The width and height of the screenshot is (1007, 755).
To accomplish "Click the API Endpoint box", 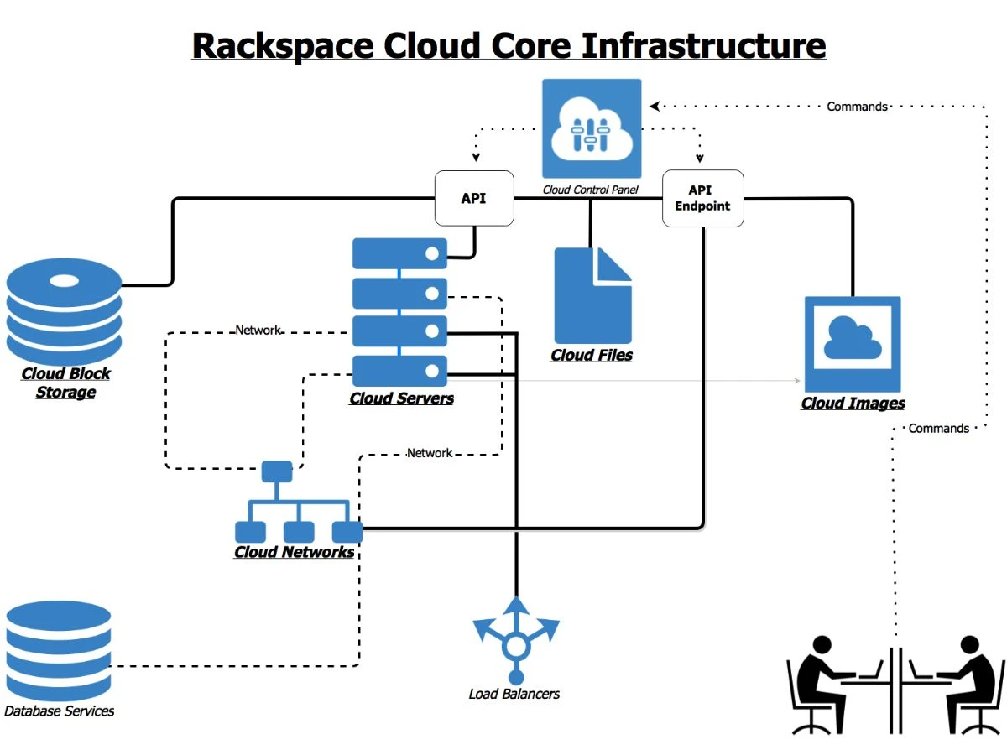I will click(x=702, y=199).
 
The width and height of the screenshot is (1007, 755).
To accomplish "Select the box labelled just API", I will click(x=474, y=199).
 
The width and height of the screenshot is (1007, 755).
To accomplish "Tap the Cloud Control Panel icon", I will click(x=592, y=128).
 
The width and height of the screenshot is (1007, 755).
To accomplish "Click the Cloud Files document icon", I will click(x=592, y=295).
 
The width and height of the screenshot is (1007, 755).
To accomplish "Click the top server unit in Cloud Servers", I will click(x=399, y=253).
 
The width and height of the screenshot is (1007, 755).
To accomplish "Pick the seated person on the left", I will click(x=831, y=684).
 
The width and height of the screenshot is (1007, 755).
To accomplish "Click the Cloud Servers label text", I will click(x=401, y=398).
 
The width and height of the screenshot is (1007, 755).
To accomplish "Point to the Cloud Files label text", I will click(x=592, y=356).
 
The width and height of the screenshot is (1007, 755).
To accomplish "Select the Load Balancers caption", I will click(x=514, y=694).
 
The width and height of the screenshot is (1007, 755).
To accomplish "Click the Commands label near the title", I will click(x=857, y=107).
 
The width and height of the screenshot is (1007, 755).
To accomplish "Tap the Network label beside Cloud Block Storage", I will click(x=258, y=331).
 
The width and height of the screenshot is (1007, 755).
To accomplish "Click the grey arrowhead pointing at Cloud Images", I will click(x=796, y=381).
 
